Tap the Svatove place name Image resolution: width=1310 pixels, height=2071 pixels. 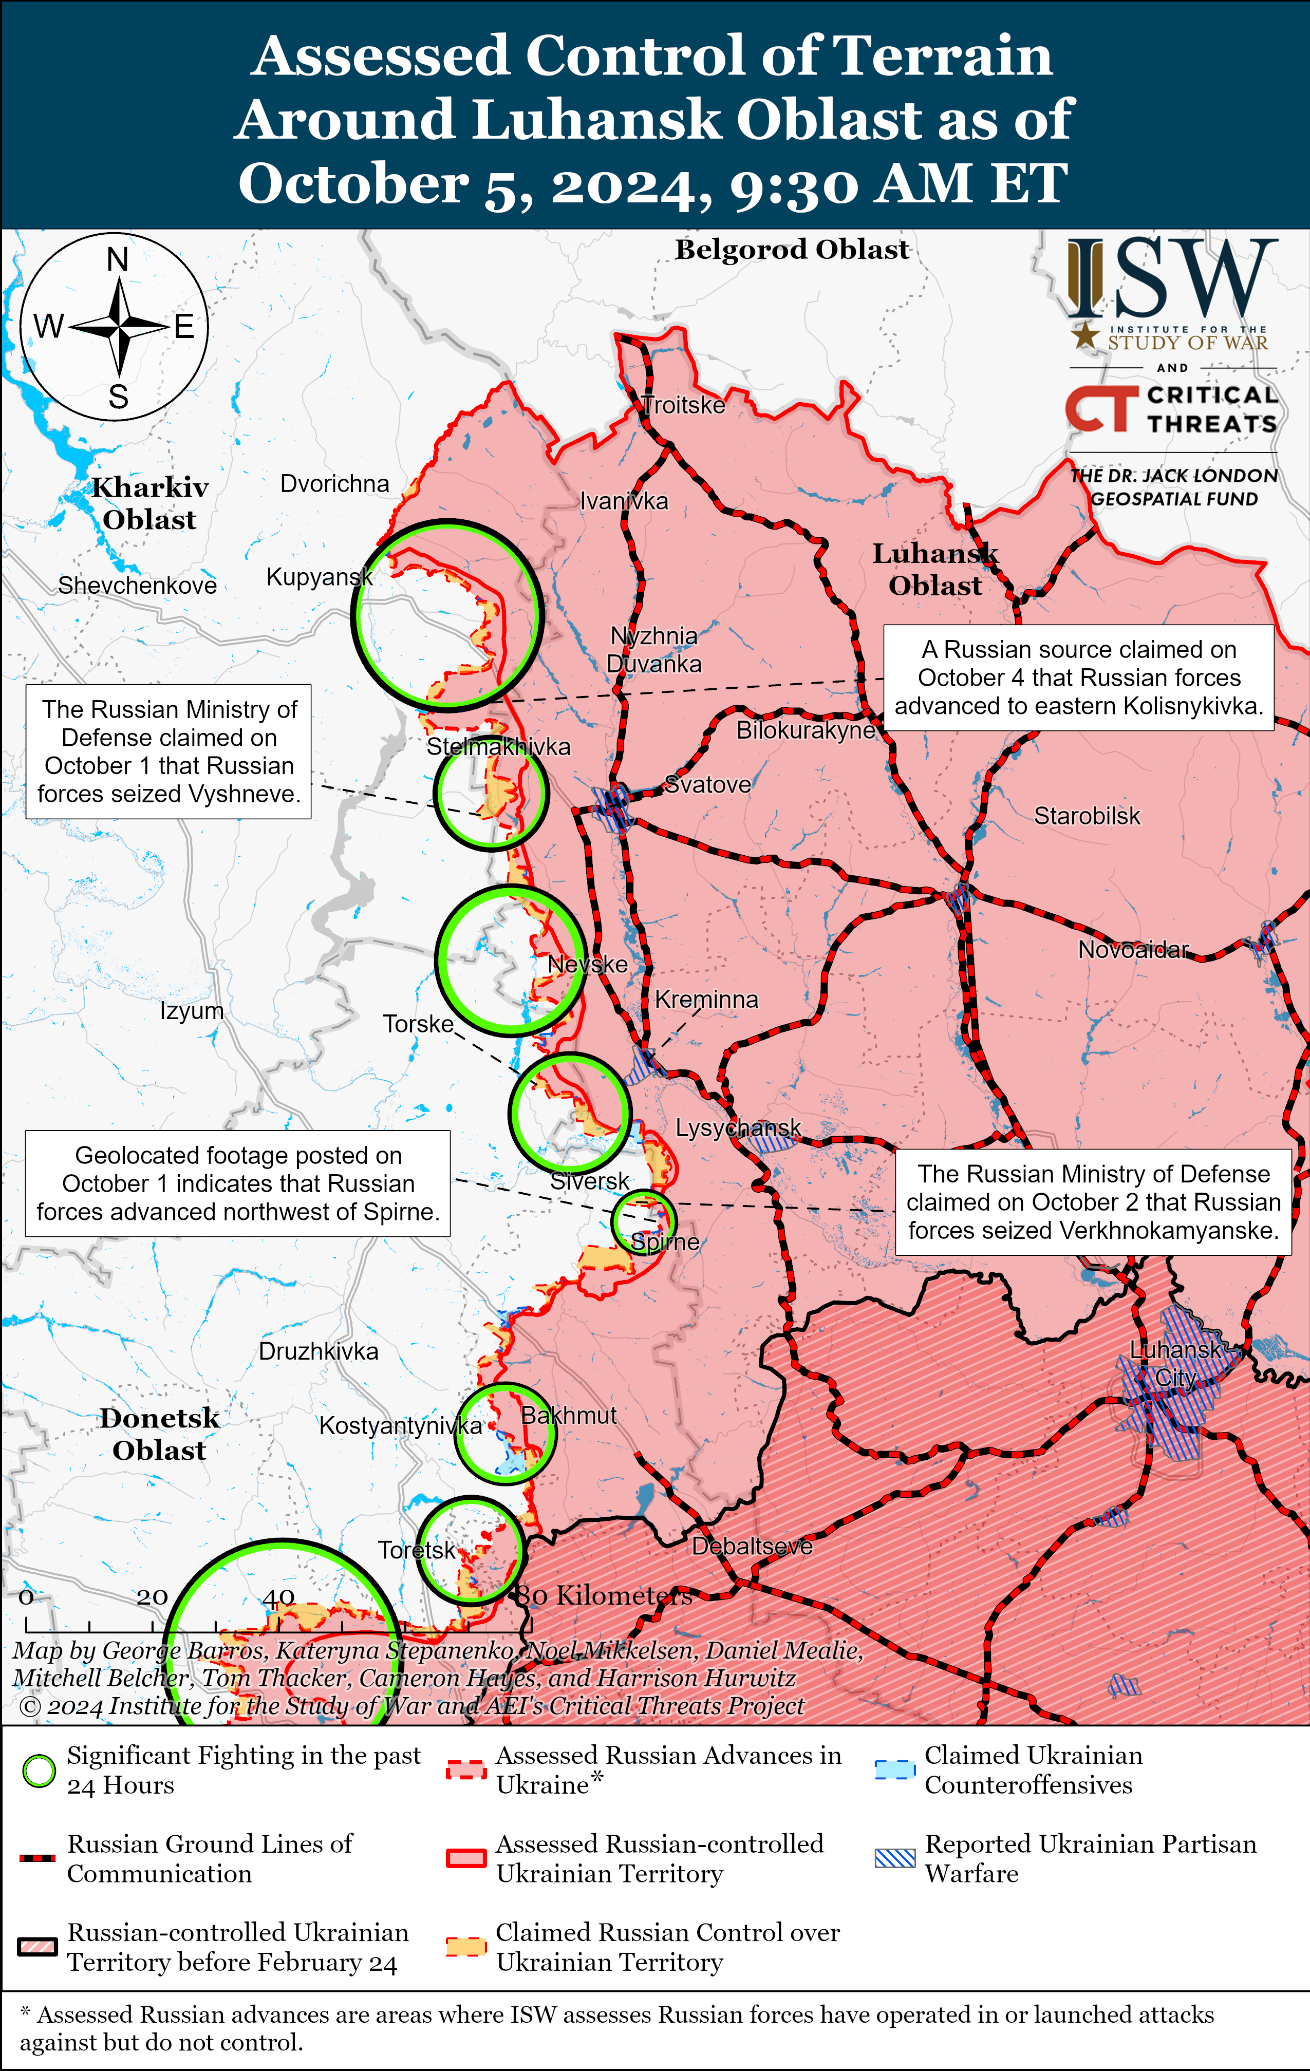click(x=708, y=784)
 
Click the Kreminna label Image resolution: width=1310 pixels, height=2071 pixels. click(x=706, y=1000)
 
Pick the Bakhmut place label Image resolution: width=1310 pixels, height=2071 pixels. click(x=569, y=1415)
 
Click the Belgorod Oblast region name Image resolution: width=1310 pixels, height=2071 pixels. click(x=791, y=250)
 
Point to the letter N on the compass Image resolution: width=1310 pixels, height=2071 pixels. click(x=118, y=260)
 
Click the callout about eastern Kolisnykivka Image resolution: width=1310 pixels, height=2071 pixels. click(x=1079, y=677)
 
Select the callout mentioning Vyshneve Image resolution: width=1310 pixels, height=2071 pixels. click(x=169, y=751)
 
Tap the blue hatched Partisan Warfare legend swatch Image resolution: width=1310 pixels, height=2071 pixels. click(x=894, y=1858)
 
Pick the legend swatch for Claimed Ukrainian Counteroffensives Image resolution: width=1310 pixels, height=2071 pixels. click(x=894, y=1770)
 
